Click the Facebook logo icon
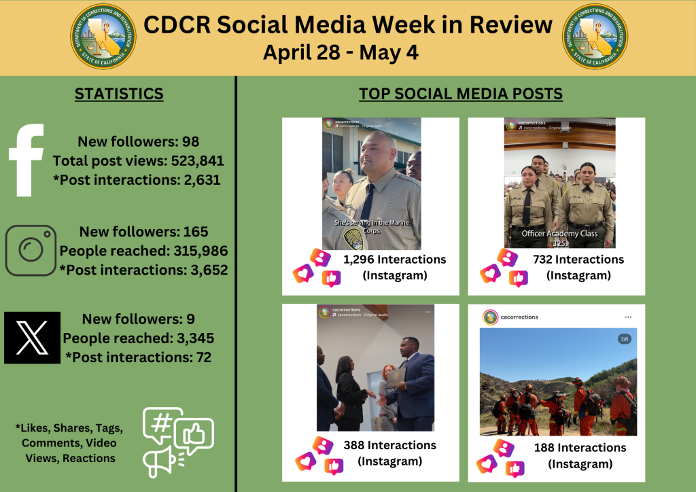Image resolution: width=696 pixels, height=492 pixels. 27,160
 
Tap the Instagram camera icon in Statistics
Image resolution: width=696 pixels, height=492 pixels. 31,251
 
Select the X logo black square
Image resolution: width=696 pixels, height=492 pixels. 32,338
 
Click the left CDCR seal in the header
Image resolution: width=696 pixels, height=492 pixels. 103,37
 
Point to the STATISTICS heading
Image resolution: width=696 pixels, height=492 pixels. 119,94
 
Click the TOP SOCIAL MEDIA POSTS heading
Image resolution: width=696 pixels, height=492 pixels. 461,94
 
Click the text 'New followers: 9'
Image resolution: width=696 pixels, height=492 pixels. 139,319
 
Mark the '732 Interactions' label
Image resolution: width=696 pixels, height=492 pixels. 578,260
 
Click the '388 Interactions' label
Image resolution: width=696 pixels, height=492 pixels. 390,446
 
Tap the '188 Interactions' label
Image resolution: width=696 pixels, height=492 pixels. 580,449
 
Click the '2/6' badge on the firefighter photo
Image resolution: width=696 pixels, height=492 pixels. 625,339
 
